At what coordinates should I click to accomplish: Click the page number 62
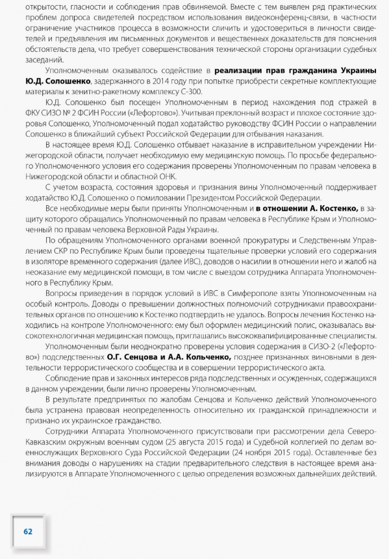click(x=28, y=531)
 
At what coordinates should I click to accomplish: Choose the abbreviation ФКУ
click(x=34, y=113)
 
